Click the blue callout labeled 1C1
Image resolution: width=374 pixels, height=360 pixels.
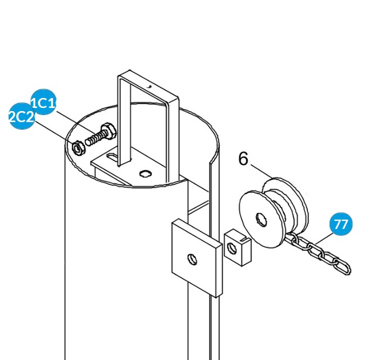(x=43, y=102)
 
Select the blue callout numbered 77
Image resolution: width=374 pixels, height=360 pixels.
(x=340, y=224)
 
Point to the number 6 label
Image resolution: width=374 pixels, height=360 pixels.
(x=243, y=158)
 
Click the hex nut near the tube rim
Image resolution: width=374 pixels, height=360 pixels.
(x=78, y=148)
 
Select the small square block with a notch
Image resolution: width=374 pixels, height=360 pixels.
(x=238, y=247)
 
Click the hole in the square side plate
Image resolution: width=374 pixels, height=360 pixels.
(x=193, y=258)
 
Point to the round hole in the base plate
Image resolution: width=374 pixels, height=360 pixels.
(x=146, y=173)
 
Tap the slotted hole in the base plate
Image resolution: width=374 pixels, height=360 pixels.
(x=112, y=156)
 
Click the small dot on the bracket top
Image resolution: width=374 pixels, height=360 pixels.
(x=149, y=85)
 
